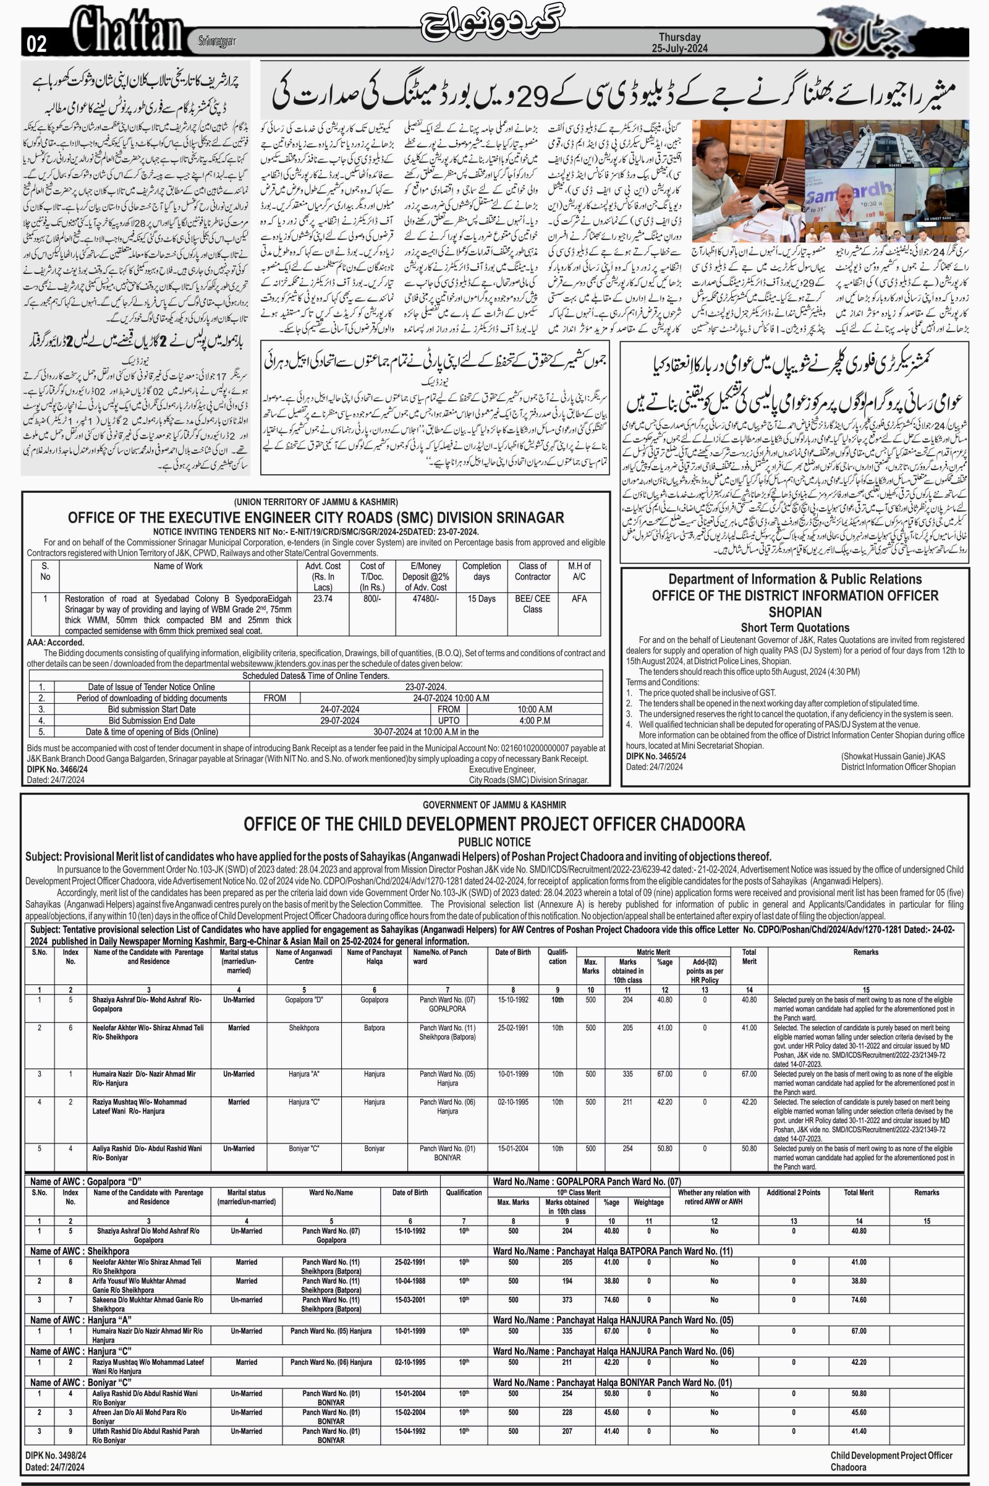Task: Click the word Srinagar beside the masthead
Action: [216, 41]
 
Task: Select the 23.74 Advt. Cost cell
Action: [322, 599]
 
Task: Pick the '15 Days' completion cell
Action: [482, 599]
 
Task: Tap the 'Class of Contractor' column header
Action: [532, 571]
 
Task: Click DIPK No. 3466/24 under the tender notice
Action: [56, 769]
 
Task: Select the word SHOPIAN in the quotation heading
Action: [795, 612]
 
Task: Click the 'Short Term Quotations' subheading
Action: [795, 627]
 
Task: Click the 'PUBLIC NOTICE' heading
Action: [494, 842]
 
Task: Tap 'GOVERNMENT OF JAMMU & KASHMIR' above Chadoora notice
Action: [494, 805]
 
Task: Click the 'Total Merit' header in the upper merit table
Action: [749, 957]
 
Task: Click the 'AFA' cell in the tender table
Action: [579, 599]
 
